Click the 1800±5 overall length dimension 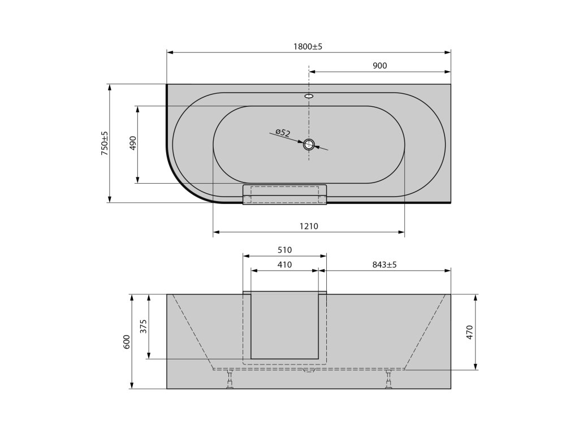click(308, 46)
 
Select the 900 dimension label click(379, 66)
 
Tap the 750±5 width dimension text click(105, 143)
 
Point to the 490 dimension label click(133, 143)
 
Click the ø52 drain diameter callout click(283, 132)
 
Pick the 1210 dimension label click(309, 226)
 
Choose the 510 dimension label click(285, 250)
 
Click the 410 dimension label click(285, 264)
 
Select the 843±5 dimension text click(384, 264)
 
